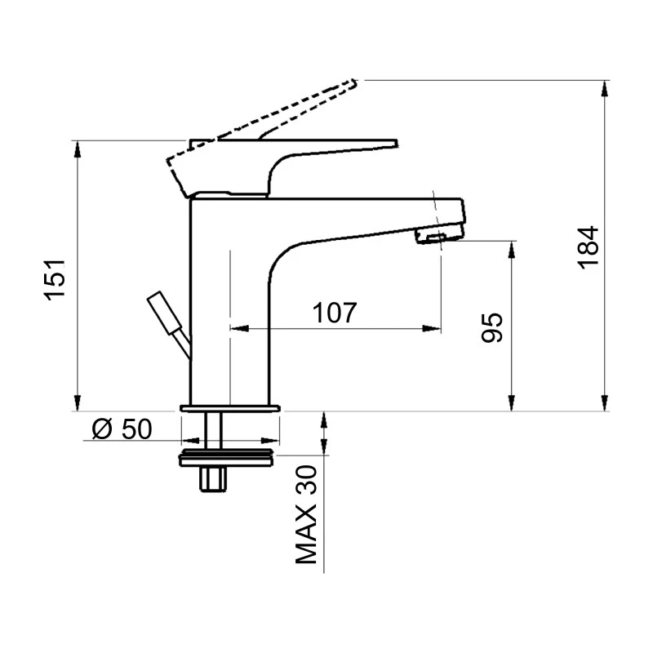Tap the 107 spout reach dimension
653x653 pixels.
pyautogui.click(x=334, y=313)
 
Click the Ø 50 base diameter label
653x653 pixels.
pyautogui.click(x=122, y=429)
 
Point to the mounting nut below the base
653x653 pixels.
pyautogui.click(x=228, y=457)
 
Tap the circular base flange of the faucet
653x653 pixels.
pyautogui.click(x=229, y=407)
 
